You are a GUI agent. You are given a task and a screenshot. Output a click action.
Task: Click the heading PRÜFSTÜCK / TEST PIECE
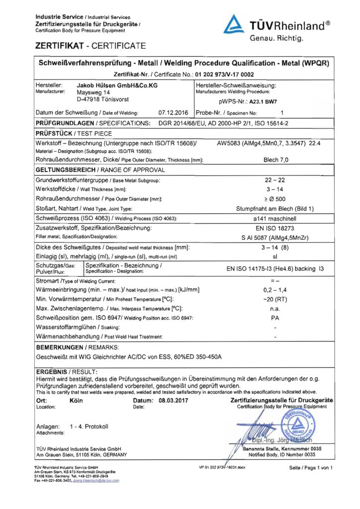pyautogui.click(x=74, y=133)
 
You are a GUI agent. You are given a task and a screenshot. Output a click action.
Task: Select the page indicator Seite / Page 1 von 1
pyautogui.click(x=311, y=468)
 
